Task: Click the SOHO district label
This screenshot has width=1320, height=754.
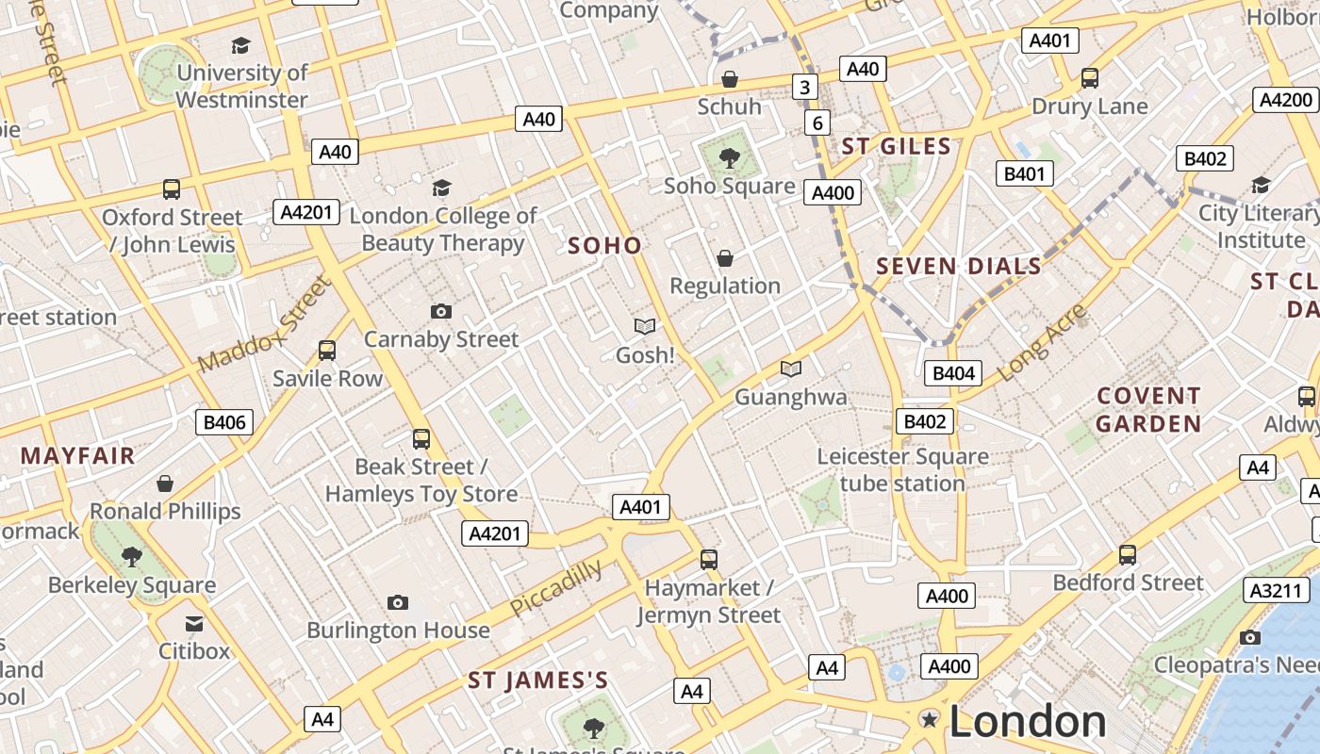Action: coord(604,246)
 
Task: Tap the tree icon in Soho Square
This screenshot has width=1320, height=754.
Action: coord(729,157)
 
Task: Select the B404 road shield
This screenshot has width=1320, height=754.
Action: coord(952,373)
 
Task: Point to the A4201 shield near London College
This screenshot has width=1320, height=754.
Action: coord(305,212)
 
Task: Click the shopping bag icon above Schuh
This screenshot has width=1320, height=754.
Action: coord(729,79)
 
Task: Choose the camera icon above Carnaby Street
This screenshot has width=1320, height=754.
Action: coord(440,311)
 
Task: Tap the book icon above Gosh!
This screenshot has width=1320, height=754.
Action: coord(645,326)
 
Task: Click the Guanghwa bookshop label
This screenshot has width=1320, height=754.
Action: coord(790,397)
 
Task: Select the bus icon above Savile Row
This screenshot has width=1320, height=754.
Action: coord(327,351)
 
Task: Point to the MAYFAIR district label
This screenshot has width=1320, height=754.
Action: coord(78,456)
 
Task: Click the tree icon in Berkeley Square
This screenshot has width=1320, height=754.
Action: coord(132,556)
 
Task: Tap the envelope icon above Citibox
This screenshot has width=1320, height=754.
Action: coord(194,623)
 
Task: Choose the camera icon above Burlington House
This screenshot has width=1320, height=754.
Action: coord(398,602)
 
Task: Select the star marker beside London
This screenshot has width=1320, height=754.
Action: coord(930,720)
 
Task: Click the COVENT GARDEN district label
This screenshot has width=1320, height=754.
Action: coord(1148,410)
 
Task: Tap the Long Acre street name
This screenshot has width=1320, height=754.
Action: coord(1041,343)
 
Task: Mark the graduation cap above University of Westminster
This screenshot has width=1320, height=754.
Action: coord(241,45)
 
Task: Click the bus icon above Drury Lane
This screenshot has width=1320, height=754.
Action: coord(1090,78)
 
